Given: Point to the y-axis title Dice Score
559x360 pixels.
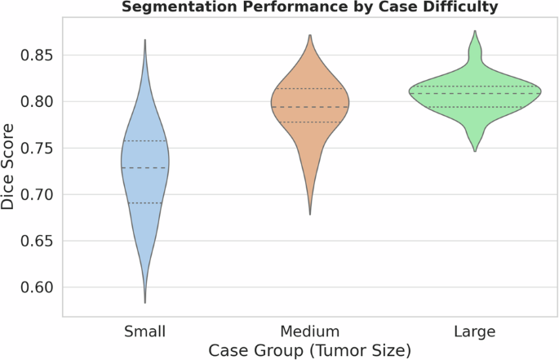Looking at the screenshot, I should click(x=9, y=166).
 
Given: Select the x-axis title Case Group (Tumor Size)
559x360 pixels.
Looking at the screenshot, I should click(x=309, y=350).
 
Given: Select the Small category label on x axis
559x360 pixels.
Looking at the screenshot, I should click(x=145, y=331).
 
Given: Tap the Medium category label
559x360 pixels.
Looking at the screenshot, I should click(x=310, y=331).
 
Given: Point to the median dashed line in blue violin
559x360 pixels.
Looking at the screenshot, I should click(x=145, y=167).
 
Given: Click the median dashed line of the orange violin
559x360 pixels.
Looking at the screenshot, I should click(x=310, y=107).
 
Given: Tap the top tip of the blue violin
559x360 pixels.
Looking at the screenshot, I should click(x=145, y=40).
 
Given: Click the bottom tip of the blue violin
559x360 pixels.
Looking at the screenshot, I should click(x=145, y=303).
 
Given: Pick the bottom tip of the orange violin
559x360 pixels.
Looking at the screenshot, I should click(x=310, y=214).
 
